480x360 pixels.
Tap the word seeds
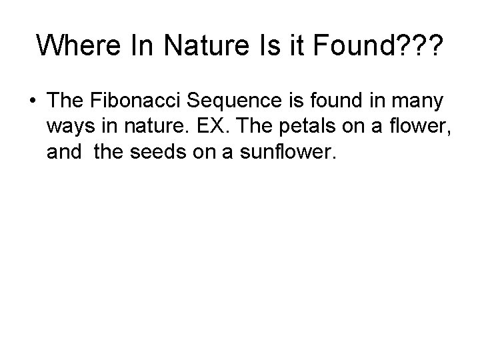(155, 152)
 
